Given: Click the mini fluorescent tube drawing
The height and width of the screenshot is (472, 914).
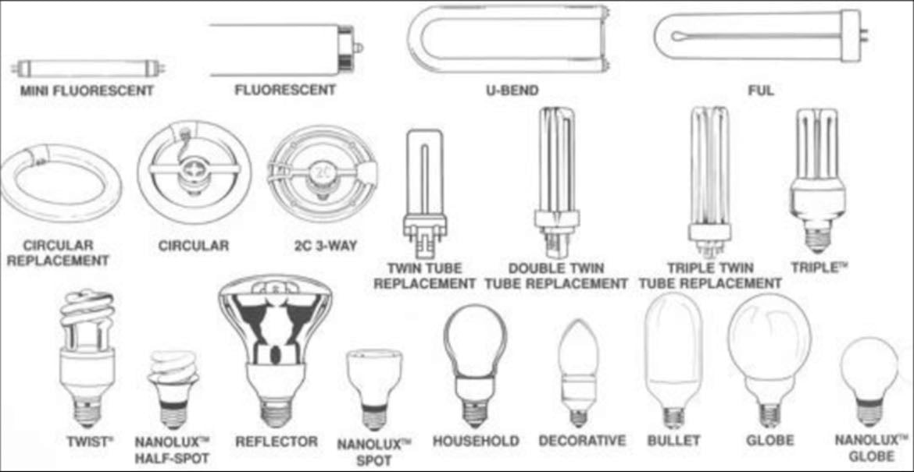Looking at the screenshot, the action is pos(87,69).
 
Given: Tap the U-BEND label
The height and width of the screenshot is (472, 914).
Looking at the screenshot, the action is pos(512,90).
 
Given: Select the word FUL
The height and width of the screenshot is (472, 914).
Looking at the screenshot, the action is pos(762,90).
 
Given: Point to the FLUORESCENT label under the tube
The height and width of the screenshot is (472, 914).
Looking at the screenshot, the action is pos(285,90).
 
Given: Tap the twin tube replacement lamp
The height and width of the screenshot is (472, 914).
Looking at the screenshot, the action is pos(427,193).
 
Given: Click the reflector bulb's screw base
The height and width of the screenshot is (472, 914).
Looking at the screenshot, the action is pos(276,411).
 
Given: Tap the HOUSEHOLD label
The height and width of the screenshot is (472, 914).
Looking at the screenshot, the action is pos(476,441).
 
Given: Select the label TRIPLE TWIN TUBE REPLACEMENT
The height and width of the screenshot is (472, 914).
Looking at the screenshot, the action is pos(710,276).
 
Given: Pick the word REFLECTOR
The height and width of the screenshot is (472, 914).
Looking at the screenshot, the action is pos(277,441).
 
